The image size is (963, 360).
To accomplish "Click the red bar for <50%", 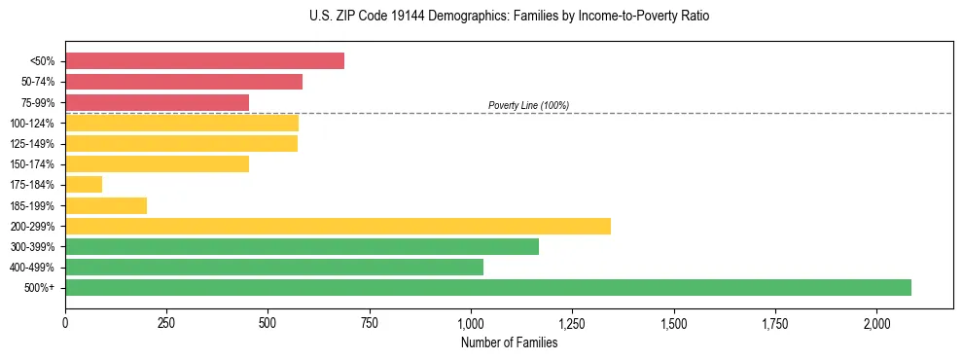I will click(x=204, y=61).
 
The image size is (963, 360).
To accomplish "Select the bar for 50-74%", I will click(x=184, y=82).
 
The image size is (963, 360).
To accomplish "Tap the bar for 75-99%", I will click(x=157, y=102).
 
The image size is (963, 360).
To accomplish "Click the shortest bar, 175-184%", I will click(x=84, y=185).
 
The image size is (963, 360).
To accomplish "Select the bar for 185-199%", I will click(x=106, y=205).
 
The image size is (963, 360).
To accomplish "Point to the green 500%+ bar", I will click(x=488, y=287).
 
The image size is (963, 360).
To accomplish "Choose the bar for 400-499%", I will click(x=274, y=267).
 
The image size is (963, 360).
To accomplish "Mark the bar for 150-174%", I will click(x=157, y=164).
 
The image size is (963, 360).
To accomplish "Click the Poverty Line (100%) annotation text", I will click(x=528, y=105).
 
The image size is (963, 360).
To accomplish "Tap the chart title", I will click(x=482, y=17).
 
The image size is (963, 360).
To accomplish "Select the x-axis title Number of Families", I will click(x=510, y=342).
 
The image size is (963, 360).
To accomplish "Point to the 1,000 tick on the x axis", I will click(x=471, y=323).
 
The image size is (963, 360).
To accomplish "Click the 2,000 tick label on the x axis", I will click(x=876, y=323).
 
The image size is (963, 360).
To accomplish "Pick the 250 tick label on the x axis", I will click(x=166, y=323).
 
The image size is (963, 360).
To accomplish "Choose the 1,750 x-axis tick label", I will click(x=775, y=323).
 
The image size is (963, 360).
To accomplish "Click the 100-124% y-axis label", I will click(x=32, y=124).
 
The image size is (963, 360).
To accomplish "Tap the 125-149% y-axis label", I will click(x=32, y=144).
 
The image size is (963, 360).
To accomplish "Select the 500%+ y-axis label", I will click(x=39, y=288).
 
